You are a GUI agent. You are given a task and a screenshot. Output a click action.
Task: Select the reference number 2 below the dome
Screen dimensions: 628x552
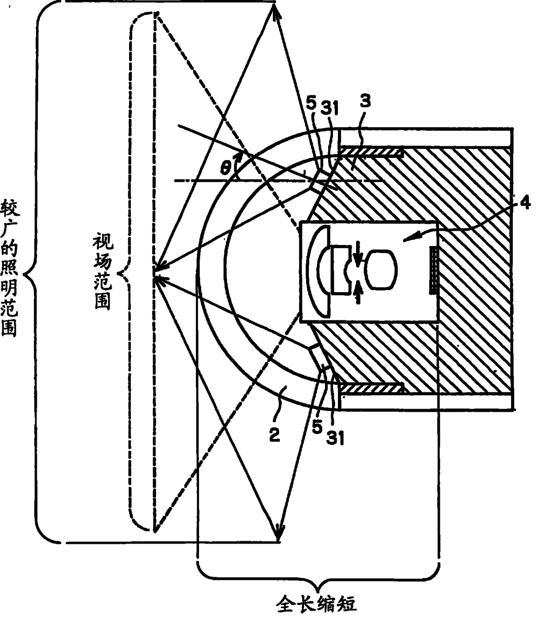pos(274,435)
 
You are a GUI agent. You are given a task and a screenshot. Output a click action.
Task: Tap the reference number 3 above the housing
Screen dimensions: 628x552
pos(365,101)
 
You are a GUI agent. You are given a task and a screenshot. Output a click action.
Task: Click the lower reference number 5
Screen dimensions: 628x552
pos(317,428)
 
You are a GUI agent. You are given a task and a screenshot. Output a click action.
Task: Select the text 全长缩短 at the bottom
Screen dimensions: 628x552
pos(317,604)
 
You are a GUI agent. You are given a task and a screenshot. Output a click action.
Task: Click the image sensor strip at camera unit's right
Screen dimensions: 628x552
pos(431,270)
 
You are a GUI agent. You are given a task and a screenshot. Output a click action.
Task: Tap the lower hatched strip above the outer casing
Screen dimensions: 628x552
pos(371,388)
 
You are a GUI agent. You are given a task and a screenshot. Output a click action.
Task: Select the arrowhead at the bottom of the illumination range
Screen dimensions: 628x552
pos(279,531)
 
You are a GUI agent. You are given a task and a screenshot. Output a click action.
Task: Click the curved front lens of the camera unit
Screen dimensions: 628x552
pos(317,271)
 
